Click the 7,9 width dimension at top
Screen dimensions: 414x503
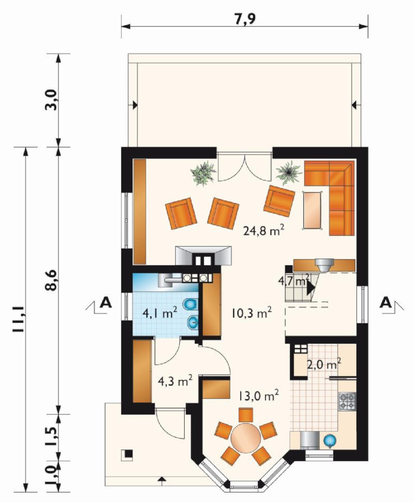click(x=245, y=19)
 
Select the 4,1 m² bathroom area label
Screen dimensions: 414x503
click(x=160, y=312)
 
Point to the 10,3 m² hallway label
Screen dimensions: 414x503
click(x=252, y=313)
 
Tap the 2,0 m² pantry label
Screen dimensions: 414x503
click(x=324, y=364)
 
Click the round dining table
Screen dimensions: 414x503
click(x=246, y=438)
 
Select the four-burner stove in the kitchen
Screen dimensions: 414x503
click(x=347, y=401)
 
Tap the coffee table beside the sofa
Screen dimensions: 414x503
click(x=313, y=210)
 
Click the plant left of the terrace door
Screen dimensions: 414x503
click(x=203, y=173)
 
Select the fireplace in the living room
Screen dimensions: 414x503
click(x=203, y=256)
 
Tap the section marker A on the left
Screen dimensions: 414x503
click(x=105, y=303)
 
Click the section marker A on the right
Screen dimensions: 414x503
click(x=386, y=302)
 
